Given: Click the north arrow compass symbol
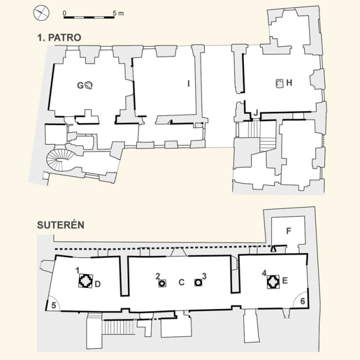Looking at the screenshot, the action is tap(41, 13).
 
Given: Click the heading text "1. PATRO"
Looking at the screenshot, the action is tap(59, 37).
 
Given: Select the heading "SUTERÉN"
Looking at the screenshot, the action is tap(61, 225).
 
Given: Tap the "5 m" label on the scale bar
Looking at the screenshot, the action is tap(118, 13).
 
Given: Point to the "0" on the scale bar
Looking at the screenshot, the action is tap(65, 13).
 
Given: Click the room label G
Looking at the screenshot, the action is tap(80, 85).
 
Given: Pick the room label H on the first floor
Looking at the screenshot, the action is tap(289, 83).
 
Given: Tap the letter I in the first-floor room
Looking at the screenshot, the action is tap(189, 84).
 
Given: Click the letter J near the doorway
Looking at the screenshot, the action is tap(256, 113).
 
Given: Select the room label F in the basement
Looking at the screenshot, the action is tap(289, 231).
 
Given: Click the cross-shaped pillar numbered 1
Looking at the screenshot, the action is tap(86, 281).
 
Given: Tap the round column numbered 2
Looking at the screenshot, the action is tap(162, 284).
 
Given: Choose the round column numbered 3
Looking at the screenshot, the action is tap(198, 282).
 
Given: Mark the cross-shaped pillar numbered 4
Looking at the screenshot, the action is tap(273, 281).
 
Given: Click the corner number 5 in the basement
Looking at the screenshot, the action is tap(54, 305).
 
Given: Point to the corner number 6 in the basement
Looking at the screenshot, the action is tap(303, 301).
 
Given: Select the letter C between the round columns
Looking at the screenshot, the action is tap(181, 282).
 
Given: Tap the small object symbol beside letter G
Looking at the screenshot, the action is tap(88, 85).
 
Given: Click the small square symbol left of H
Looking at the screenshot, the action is tap(280, 83).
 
